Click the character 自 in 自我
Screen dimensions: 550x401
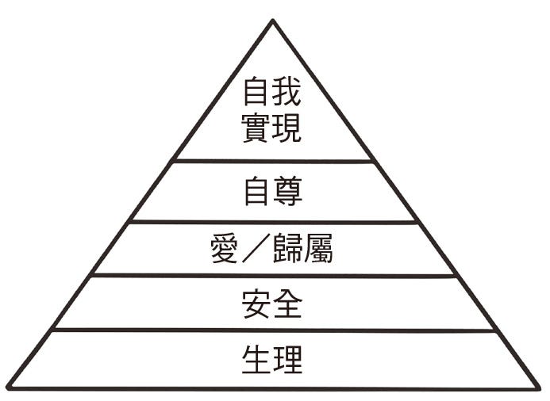(x=257, y=94)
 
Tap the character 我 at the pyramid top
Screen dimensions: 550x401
(x=287, y=94)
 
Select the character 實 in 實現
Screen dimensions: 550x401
(x=257, y=127)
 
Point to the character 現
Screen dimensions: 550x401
(x=287, y=127)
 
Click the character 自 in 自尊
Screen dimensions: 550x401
(x=257, y=192)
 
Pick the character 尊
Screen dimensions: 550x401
(x=287, y=192)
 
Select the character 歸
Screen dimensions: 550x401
(x=288, y=248)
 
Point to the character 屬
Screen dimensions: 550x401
(x=318, y=248)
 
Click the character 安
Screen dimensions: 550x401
(x=257, y=303)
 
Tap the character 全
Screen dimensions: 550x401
(x=287, y=303)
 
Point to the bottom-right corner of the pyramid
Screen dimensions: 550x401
(x=539, y=388)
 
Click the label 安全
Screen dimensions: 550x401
(x=272, y=303)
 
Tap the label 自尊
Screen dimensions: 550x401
(x=272, y=192)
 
